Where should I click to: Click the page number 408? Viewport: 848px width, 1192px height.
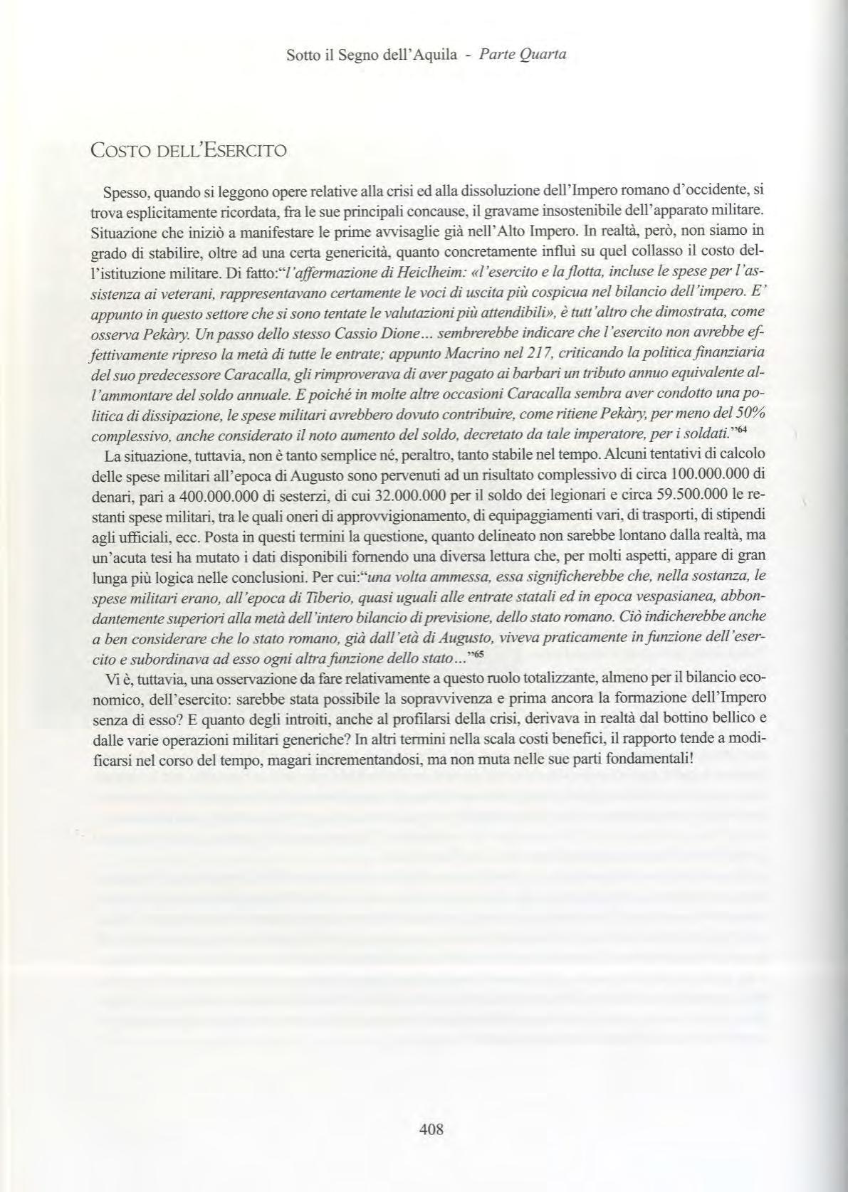[431, 1129]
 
